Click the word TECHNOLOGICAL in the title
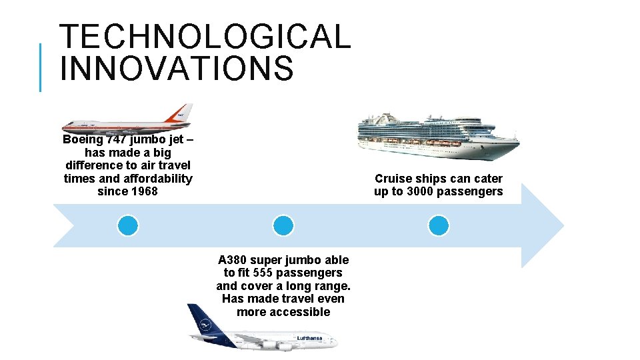coord(205,37)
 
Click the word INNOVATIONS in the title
coord(176,69)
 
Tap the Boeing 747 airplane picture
coord(127,121)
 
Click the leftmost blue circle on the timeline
coord(128,226)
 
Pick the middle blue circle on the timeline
coord(283,226)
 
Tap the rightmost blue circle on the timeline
coord(439,226)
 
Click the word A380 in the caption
coord(233,260)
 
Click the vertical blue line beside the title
coord(41,67)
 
